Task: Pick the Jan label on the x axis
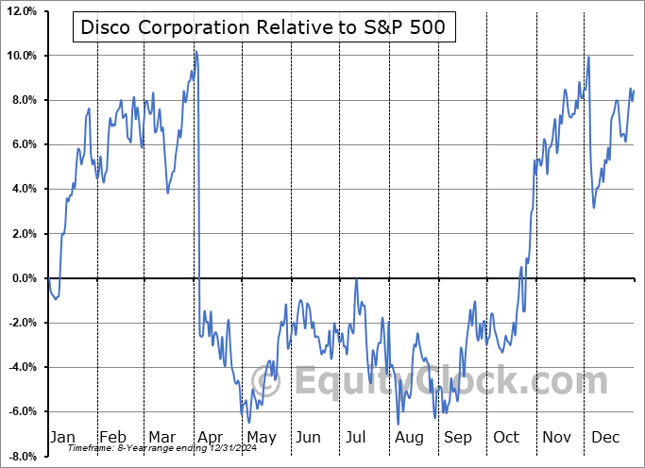[62, 438]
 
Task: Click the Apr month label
[211, 438]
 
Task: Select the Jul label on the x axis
[357, 438]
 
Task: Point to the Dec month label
[605, 438]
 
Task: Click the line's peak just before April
[195, 50]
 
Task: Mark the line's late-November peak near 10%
[589, 57]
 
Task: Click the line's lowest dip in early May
[248, 422]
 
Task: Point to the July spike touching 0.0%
[356, 279]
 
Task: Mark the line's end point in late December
[634, 90]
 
